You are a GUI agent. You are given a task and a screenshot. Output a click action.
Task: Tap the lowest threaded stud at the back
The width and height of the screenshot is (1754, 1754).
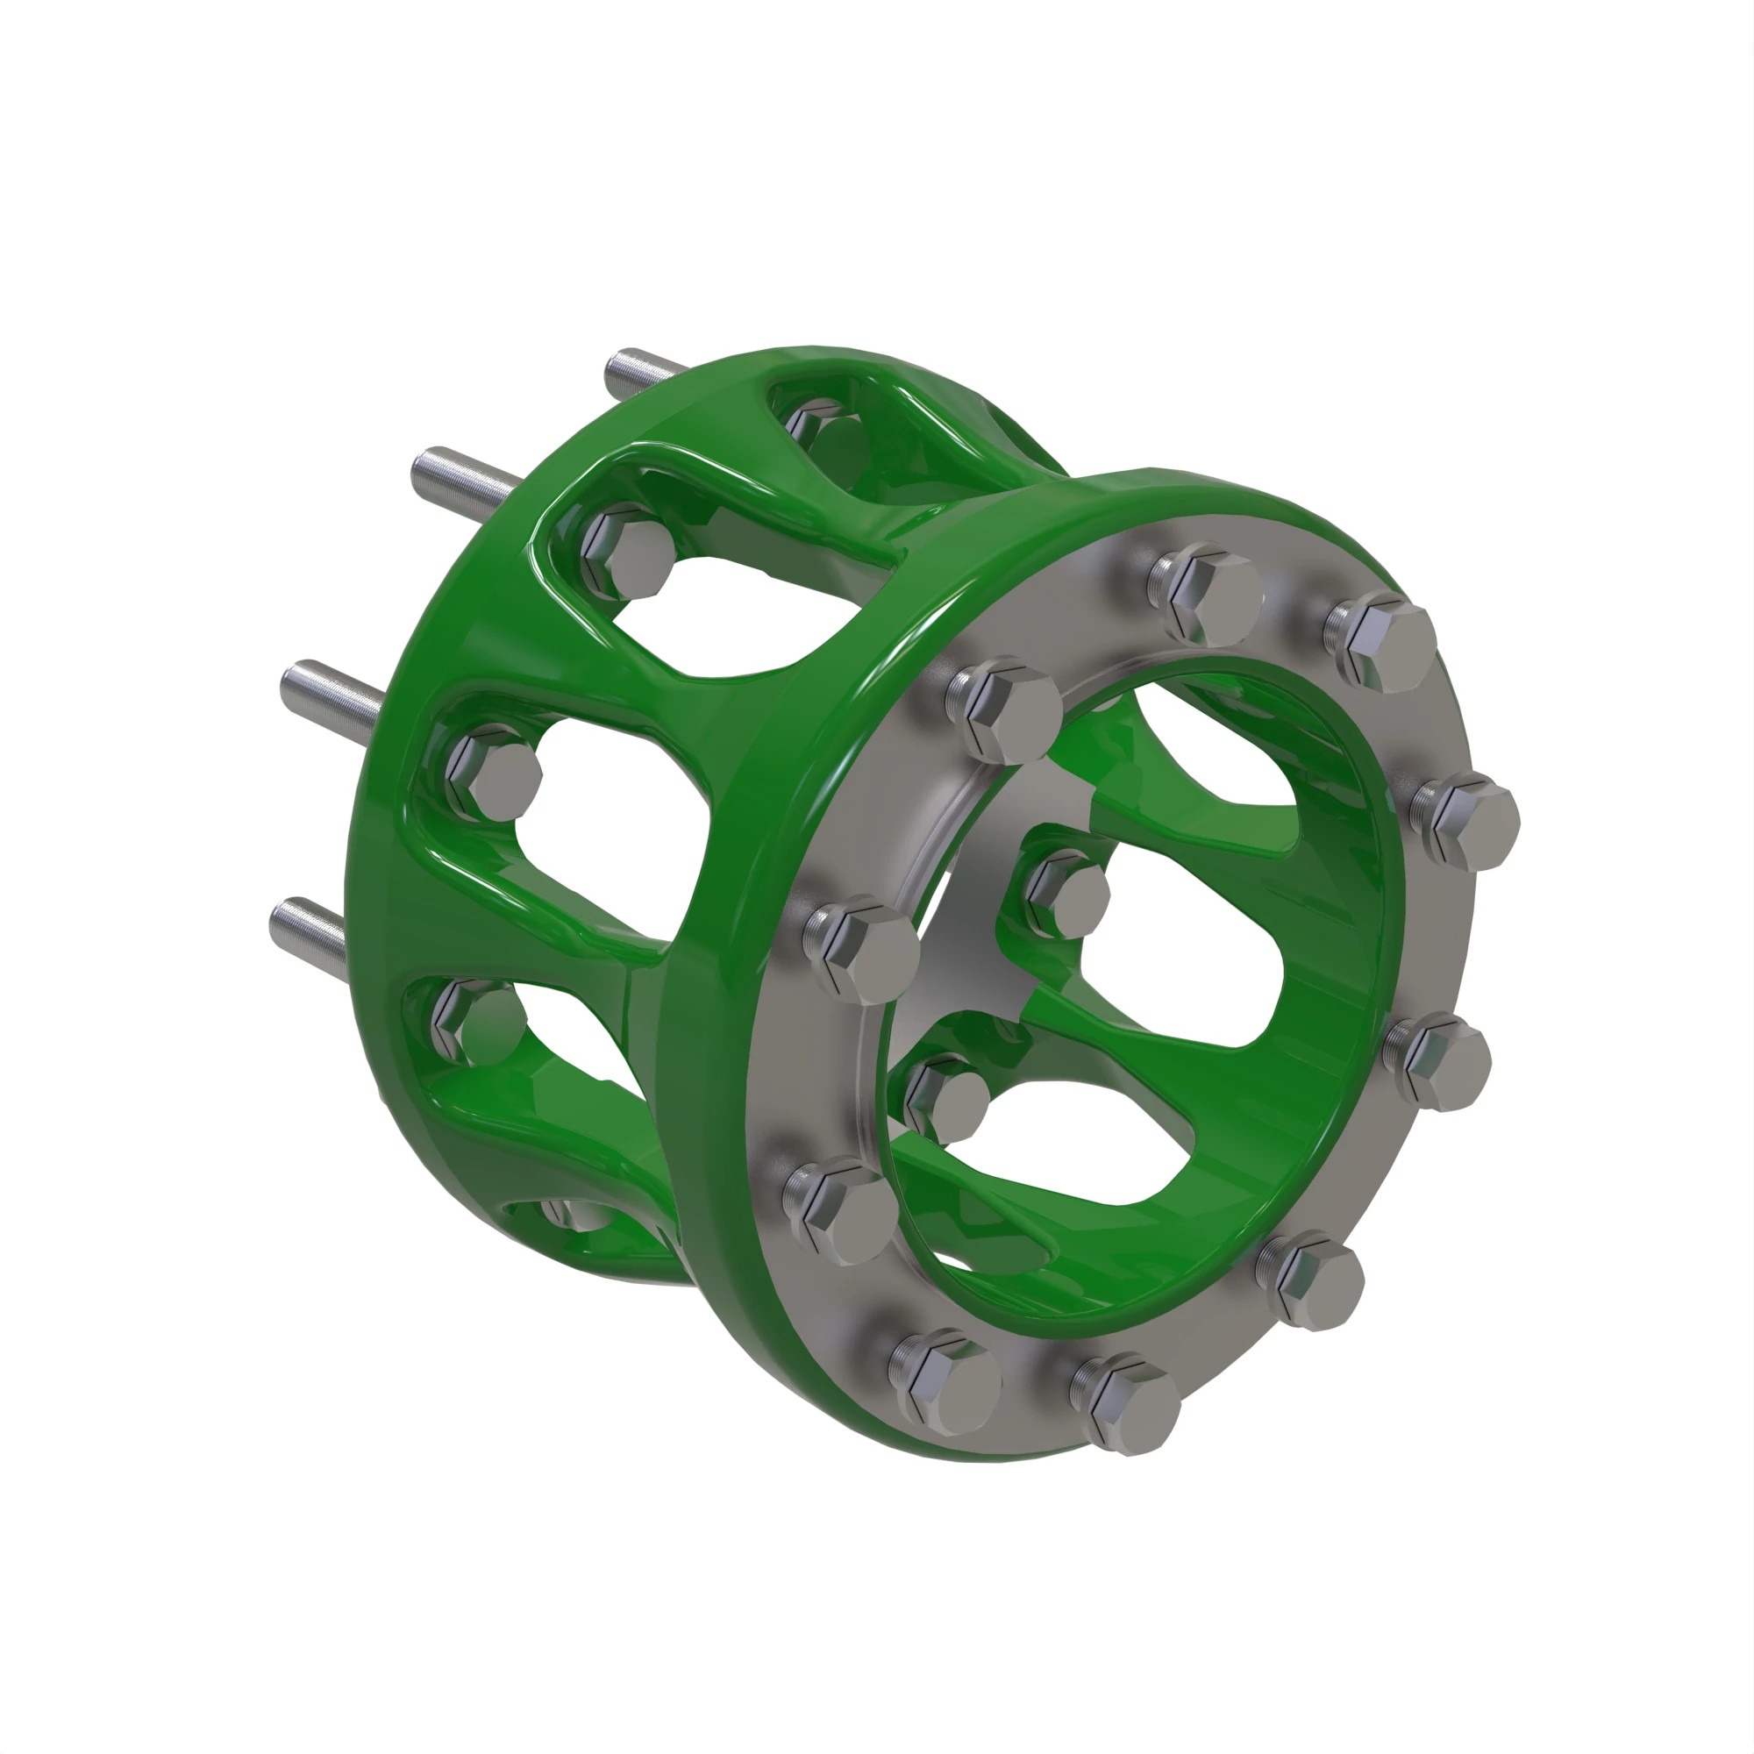pyautogui.click(x=309, y=923)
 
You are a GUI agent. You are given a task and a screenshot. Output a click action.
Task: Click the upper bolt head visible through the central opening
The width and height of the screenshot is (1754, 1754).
pyautogui.click(x=1067, y=895)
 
